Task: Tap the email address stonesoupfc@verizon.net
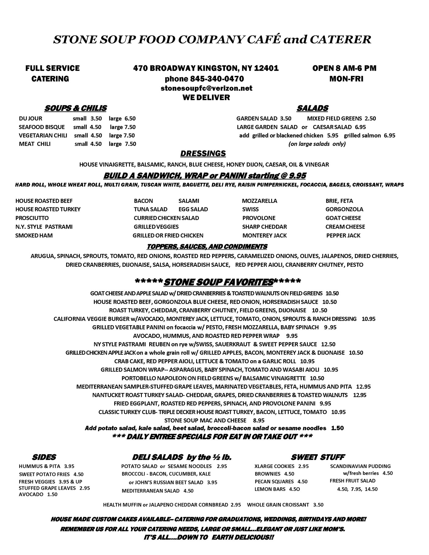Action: tap(207, 88)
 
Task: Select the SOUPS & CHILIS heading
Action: tap(75, 108)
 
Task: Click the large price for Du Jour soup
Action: tap(130, 119)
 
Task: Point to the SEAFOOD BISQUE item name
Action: tap(42, 127)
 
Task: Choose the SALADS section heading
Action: tap(312, 108)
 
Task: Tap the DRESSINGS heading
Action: tap(203, 153)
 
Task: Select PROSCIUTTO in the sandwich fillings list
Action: tap(32, 218)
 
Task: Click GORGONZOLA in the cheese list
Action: tap(344, 210)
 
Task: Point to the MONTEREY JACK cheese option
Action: tap(264, 236)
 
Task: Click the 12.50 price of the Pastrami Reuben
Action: tap(328, 344)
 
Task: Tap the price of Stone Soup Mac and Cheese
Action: tap(259, 421)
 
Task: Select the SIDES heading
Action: tap(44, 458)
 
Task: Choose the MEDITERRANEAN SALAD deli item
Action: tap(150, 491)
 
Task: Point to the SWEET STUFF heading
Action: tap(317, 458)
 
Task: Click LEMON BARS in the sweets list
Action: tap(270, 489)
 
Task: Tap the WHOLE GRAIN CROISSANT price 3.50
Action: tap(318, 505)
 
